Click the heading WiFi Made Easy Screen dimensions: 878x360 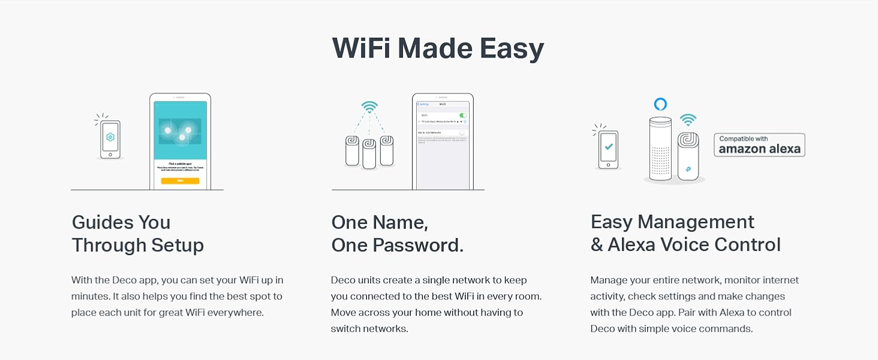(x=438, y=48)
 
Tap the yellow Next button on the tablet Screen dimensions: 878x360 (x=180, y=181)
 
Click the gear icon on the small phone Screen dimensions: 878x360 (x=110, y=137)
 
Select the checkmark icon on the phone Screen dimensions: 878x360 (x=609, y=146)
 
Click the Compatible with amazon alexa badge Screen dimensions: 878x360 (x=759, y=145)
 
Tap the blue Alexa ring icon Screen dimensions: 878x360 (x=660, y=104)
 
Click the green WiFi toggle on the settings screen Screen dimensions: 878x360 (x=462, y=115)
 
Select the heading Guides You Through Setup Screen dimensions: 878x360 (x=137, y=233)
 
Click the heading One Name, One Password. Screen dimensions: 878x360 (x=397, y=233)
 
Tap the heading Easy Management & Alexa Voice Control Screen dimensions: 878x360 (x=685, y=233)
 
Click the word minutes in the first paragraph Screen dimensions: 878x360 (x=88, y=296)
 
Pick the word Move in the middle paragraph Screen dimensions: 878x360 (x=344, y=312)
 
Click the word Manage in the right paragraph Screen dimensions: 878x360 (x=609, y=280)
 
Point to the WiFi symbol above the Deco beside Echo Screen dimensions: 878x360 (x=687, y=119)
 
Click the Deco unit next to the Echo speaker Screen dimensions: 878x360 (x=687, y=156)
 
